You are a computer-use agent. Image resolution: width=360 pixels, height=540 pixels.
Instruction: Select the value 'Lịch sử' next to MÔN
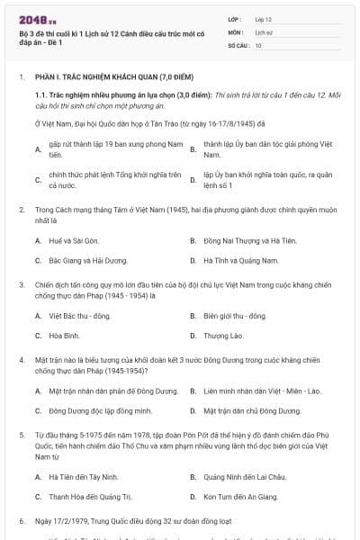263,31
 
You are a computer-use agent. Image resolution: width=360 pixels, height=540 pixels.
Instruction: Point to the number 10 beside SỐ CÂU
258,44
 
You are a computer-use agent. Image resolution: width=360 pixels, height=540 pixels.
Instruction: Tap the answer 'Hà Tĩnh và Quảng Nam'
235,260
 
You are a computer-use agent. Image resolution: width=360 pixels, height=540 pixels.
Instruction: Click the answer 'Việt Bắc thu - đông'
79,316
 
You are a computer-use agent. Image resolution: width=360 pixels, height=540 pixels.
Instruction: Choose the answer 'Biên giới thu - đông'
235,316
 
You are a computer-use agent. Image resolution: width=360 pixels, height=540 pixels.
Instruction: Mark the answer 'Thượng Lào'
223,335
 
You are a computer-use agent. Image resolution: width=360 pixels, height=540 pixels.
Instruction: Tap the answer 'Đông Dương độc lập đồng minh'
94,410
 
